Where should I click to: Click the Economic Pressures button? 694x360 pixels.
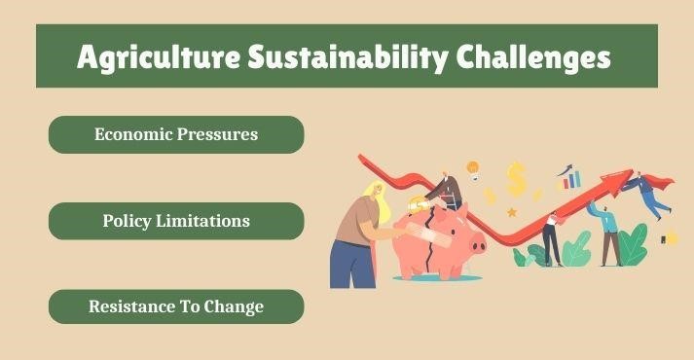(176, 134)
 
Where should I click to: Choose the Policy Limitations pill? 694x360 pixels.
(176, 221)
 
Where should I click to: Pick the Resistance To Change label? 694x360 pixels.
(176, 306)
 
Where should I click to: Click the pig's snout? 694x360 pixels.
(478, 244)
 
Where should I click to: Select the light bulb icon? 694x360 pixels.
(473, 169)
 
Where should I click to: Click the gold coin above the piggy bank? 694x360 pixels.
(418, 205)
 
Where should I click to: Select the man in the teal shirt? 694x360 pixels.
(608, 234)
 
